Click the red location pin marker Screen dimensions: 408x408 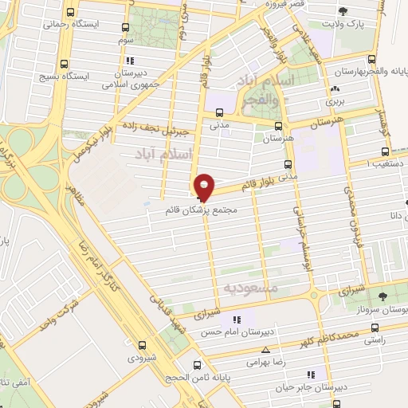pos(205,186)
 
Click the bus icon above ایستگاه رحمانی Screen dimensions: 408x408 pos(72,13)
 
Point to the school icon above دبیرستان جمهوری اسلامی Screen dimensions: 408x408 pos(130,60)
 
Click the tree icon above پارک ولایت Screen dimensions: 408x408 pos(343,12)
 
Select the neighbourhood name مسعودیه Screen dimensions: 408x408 pos(249,285)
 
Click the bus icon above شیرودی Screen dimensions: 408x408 pos(143,345)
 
